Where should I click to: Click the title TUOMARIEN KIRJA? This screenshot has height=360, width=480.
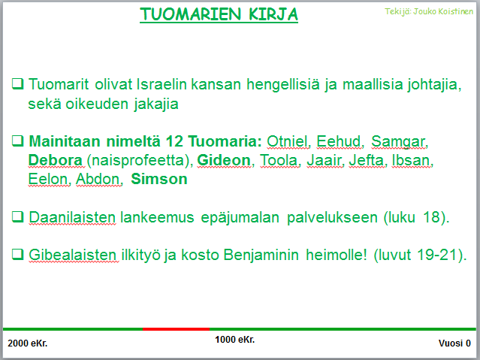tap(219, 14)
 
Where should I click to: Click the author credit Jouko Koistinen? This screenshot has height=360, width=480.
tap(443, 11)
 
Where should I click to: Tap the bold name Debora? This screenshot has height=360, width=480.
tap(55, 160)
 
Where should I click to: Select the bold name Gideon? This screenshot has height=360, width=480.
tap(224, 160)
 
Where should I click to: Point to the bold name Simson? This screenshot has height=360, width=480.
tap(159, 179)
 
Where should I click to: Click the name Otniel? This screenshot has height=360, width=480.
tap(287, 141)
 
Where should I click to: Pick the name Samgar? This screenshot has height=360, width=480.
tap(398, 142)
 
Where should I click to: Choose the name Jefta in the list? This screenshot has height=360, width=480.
tap(366, 160)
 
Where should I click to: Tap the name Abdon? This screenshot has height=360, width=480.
tap(98, 179)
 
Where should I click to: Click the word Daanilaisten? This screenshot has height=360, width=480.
tap(72, 217)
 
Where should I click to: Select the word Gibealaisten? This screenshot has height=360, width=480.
tap(73, 255)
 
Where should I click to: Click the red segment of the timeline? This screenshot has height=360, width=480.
tap(176, 329)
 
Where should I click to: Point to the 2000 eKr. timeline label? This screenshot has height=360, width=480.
tap(28, 343)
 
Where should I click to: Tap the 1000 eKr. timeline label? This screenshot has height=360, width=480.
tap(235, 340)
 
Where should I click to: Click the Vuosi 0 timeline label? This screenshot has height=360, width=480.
tap(454, 343)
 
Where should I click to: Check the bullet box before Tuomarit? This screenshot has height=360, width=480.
tap(18, 83)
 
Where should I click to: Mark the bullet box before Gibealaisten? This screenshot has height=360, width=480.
tap(18, 254)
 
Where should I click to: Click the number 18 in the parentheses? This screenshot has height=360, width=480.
tap(431, 217)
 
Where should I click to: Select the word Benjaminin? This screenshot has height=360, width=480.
tap(261, 256)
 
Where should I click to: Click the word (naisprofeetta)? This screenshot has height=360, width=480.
tap(140, 161)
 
